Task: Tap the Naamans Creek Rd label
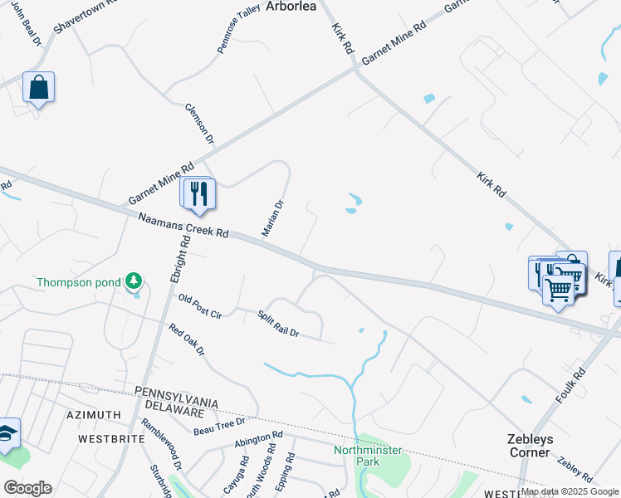pyautogui.click(x=183, y=226)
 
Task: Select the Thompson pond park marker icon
pyautogui.click(x=133, y=282)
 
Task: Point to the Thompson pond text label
pyautogui.click(x=79, y=282)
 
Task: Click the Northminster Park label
pyautogui.click(x=368, y=456)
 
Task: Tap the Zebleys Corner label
pyautogui.click(x=530, y=446)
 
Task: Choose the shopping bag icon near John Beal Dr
pyautogui.click(x=38, y=87)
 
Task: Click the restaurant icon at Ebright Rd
pyautogui.click(x=199, y=193)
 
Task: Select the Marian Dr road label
pyautogui.click(x=274, y=217)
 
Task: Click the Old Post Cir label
pyautogui.click(x=199, y=305)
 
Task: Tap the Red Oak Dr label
pyautogui.click(x=186, y=340)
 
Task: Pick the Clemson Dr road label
pyautogui.click(x=199, y=122)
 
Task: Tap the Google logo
pyautogui.click(x=27, y=488)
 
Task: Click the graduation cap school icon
pyautogui.click(x=7, y=434)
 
